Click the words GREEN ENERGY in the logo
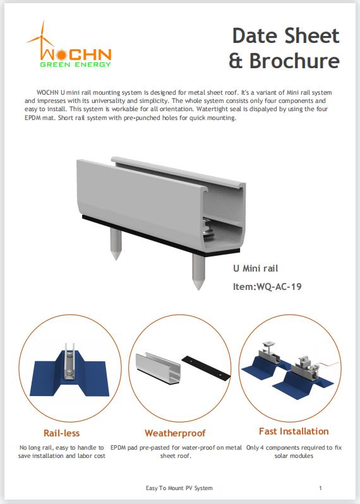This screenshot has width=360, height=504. [76, 64]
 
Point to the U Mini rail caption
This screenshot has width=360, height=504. [255, 268]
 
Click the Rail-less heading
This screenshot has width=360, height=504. [61, 433]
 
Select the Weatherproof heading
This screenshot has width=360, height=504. [175, 433]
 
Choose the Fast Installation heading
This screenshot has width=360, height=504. [294, 431]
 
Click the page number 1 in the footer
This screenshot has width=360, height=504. [321, 488]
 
